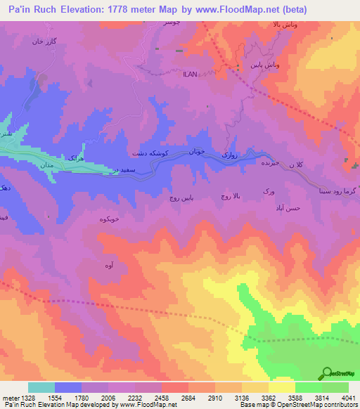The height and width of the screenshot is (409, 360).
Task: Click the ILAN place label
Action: (x=191, y=73)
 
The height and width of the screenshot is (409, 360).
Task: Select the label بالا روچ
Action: (x=230, y=197)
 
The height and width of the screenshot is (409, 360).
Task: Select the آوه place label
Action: (x=109, y=265)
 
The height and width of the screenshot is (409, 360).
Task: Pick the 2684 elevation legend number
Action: (x=188, y=397)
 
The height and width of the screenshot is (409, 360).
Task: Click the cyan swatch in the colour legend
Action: (x=41, y=387)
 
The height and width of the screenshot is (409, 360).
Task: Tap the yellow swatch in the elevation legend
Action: (x=281, y=387)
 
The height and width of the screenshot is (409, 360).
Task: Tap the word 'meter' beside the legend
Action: (x=10, y=397)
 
